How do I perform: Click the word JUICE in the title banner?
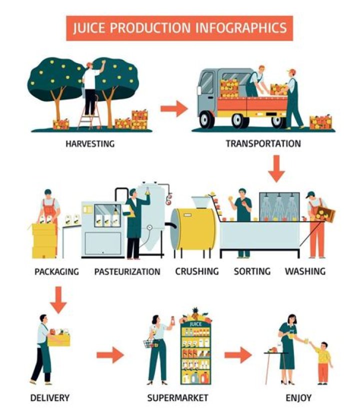point(89,28)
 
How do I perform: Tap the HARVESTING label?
point(90,144)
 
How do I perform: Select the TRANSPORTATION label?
point(263,143)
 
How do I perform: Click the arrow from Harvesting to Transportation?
point(174,108)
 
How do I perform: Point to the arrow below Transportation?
point(276,169)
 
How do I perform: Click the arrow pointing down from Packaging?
point(58,299)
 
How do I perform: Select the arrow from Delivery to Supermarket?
point(110,355)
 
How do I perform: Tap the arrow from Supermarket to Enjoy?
point(238,355)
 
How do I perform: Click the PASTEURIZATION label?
point(127,271)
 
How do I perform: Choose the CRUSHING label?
point(197,271)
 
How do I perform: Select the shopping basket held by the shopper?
point(150,344)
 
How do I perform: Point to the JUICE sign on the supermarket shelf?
point(195,324)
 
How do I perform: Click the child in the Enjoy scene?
point(322,363)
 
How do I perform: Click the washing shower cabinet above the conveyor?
point(279,206)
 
